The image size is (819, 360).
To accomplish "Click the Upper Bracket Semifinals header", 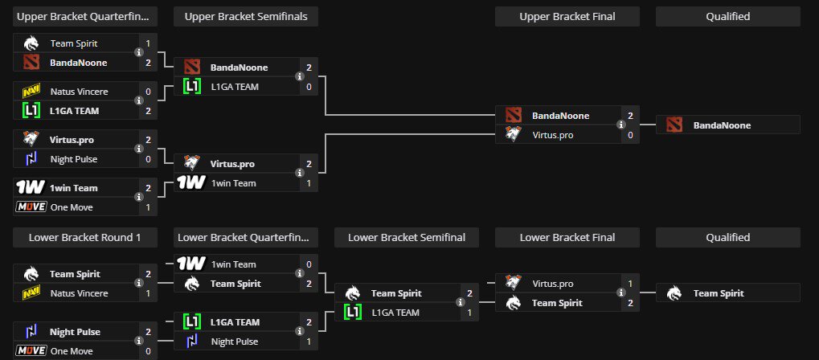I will pos(246,16).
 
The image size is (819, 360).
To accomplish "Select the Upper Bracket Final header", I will pos(567,16).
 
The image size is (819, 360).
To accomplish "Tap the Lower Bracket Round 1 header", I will pos(85,237).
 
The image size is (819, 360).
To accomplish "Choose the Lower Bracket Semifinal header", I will pos(407,237).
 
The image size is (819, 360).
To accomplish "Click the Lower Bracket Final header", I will pos(567,237).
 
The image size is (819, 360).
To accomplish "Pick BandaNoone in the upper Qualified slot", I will pos(722,125).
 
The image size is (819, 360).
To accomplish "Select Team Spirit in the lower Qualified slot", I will pos(722,293).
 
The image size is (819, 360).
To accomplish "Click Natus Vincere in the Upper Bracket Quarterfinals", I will pos(79,92).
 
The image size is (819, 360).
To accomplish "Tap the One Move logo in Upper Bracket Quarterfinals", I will pos(31,207).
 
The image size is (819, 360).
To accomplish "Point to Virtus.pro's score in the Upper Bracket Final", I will pos(630,135).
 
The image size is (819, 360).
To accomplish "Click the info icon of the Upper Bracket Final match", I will pos(620,125).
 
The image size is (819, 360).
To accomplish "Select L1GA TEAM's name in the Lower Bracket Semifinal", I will pos(395,313).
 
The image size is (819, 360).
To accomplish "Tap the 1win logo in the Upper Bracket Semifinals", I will pos(192,183).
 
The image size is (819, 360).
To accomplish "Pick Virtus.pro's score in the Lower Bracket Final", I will pos(630,284).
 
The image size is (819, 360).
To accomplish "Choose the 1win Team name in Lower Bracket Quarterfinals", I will pos(233,264).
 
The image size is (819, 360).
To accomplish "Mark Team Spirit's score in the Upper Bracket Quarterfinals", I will pos(148,43).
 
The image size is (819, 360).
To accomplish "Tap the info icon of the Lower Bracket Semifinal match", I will pos(460,303).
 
